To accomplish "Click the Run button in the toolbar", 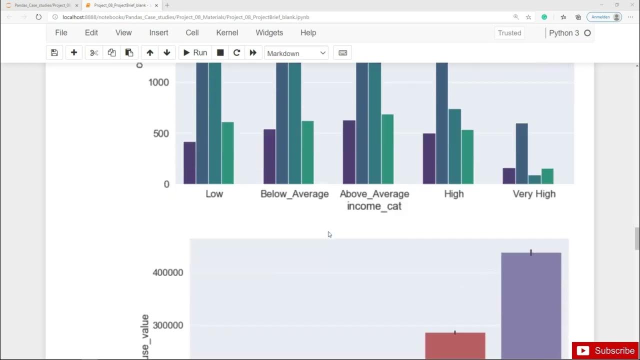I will [x=195, y=53].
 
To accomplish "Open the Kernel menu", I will [x=227, y=32].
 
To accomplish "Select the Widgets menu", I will [x=269, y=32].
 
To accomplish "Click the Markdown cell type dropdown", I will [x=296, y=53].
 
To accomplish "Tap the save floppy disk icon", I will [x=54, y=53].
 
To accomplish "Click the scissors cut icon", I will [x=93, y=53].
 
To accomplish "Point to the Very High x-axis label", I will [x=534, y=194].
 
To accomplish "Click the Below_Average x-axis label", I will [x=294, y=194].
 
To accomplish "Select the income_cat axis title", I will [x=374, y=206].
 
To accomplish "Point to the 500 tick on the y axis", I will [x=160, y=133].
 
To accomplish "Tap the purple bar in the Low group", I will [x=189, y=163].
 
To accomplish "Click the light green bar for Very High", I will [x=547, y=176].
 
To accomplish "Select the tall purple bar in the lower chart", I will [x=531, y=305].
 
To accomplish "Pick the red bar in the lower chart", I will [x=455, y=345].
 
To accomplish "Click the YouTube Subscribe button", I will [x=605, y=350].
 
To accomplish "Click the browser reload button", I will [x=38, y=17].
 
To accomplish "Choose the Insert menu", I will [x=158, y=32].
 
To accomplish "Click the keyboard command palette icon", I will [x=342, y=53].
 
